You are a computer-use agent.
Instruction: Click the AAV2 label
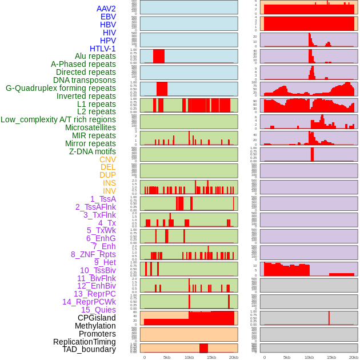pyautogui.click(x=106, y=9)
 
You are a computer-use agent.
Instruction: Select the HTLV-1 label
pyautogui.click(x=103, y=49)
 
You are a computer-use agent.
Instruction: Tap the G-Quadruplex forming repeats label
pyautogui.click(x=61, y=88)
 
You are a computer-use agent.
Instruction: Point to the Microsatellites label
pyautogui.click(x=90, y=127)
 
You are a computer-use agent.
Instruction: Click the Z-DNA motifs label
pyautogui.click(x=93, y=151)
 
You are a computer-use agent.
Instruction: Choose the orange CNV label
pyautogui.click(x=107, y=159)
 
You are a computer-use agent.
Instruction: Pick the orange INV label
pyautogui.click(x=109, y=191)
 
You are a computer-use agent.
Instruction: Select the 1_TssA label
pyautogui.click(x=103, y=199)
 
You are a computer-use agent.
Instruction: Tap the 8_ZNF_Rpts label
pyautogui.click(x=93, y=254)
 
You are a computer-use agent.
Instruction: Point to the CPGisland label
pyautogui.click(x=97, y=318)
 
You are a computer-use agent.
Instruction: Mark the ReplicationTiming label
pyautogui.click(x=85, y=342)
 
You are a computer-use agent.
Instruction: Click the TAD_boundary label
pyautogui.click(x=89, y=349)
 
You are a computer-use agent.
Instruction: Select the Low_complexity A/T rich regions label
pyautogui.click(x=58, y=119)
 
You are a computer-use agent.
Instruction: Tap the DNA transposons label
pyautogui.click(x=85, y=80)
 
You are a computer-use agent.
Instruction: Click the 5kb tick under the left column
pyautogui.click(x=167, y=357)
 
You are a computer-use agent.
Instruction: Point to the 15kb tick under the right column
pyautogui.click(x=331, y=357)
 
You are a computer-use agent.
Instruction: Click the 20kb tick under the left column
pyautogui.click(x=233, y=357)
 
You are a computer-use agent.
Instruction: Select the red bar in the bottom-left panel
pyautogui.click(x=203, y=348)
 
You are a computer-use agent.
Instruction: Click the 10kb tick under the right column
pyautogui.click(x=309, y=357)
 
